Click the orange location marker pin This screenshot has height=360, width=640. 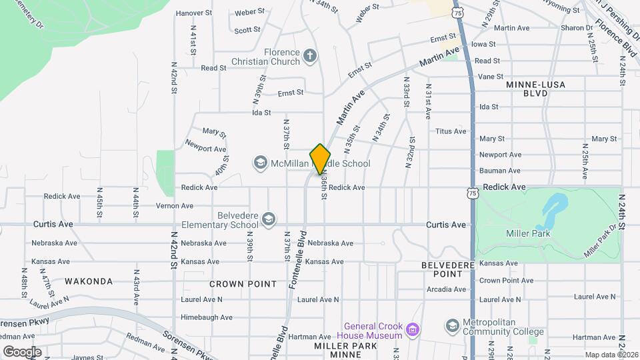click(321, 159)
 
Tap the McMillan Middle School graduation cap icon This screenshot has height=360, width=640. click(260, 163)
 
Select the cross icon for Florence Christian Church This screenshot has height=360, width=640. click(309, 56)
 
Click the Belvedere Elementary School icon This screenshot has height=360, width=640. click(268, 219)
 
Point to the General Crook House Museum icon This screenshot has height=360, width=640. click(413, 329)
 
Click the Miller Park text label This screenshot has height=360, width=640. click(526, 233)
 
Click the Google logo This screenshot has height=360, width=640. click(22, 352)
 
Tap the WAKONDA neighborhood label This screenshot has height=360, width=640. click(89, 281)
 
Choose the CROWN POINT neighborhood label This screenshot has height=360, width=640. click(243, 283)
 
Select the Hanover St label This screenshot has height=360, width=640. click(193, 13)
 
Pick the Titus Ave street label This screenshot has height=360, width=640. click(451, 131)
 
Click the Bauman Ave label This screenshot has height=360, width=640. click(500, 171)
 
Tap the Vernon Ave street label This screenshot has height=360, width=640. click(174, 205)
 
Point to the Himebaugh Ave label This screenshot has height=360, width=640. click(207, 317)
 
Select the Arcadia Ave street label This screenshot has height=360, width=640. click(446, 289)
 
